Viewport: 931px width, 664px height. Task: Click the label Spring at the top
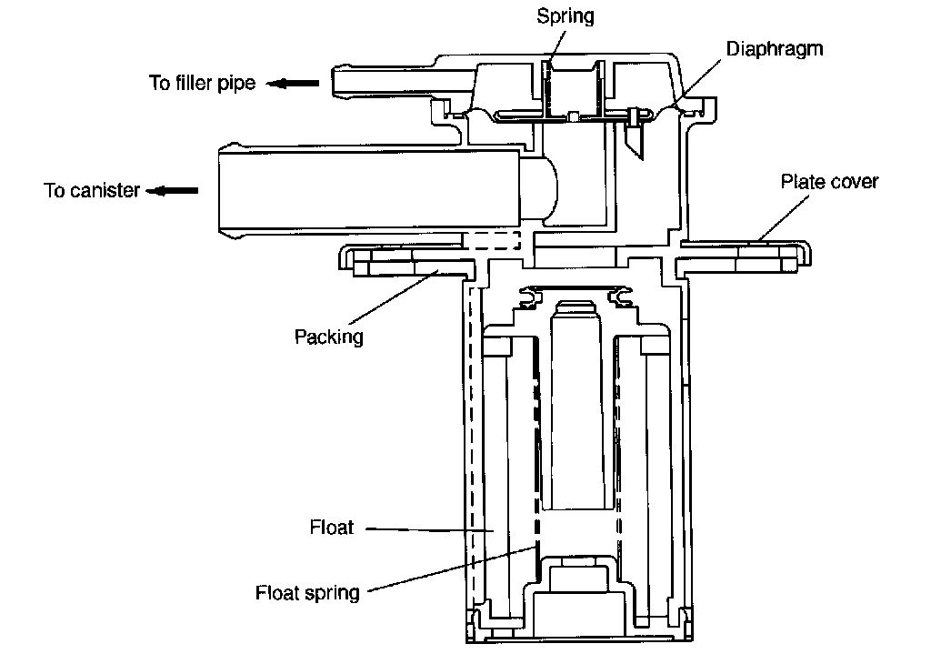tap(566, 16)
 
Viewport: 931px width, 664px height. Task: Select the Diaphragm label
tap(775, 49)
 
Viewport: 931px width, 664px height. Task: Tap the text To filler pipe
tap(202, 83)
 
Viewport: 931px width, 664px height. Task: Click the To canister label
tap(92, 190)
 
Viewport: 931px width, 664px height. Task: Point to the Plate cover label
tap(829, 181)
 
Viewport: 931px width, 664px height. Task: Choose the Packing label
tap(328, 337)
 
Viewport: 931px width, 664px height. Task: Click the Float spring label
tap(307, 593)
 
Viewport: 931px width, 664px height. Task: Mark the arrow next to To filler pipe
tap(292, 83)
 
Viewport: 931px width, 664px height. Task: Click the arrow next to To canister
tap(172, 191)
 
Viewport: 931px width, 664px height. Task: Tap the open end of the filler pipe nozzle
tap(334, 81)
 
